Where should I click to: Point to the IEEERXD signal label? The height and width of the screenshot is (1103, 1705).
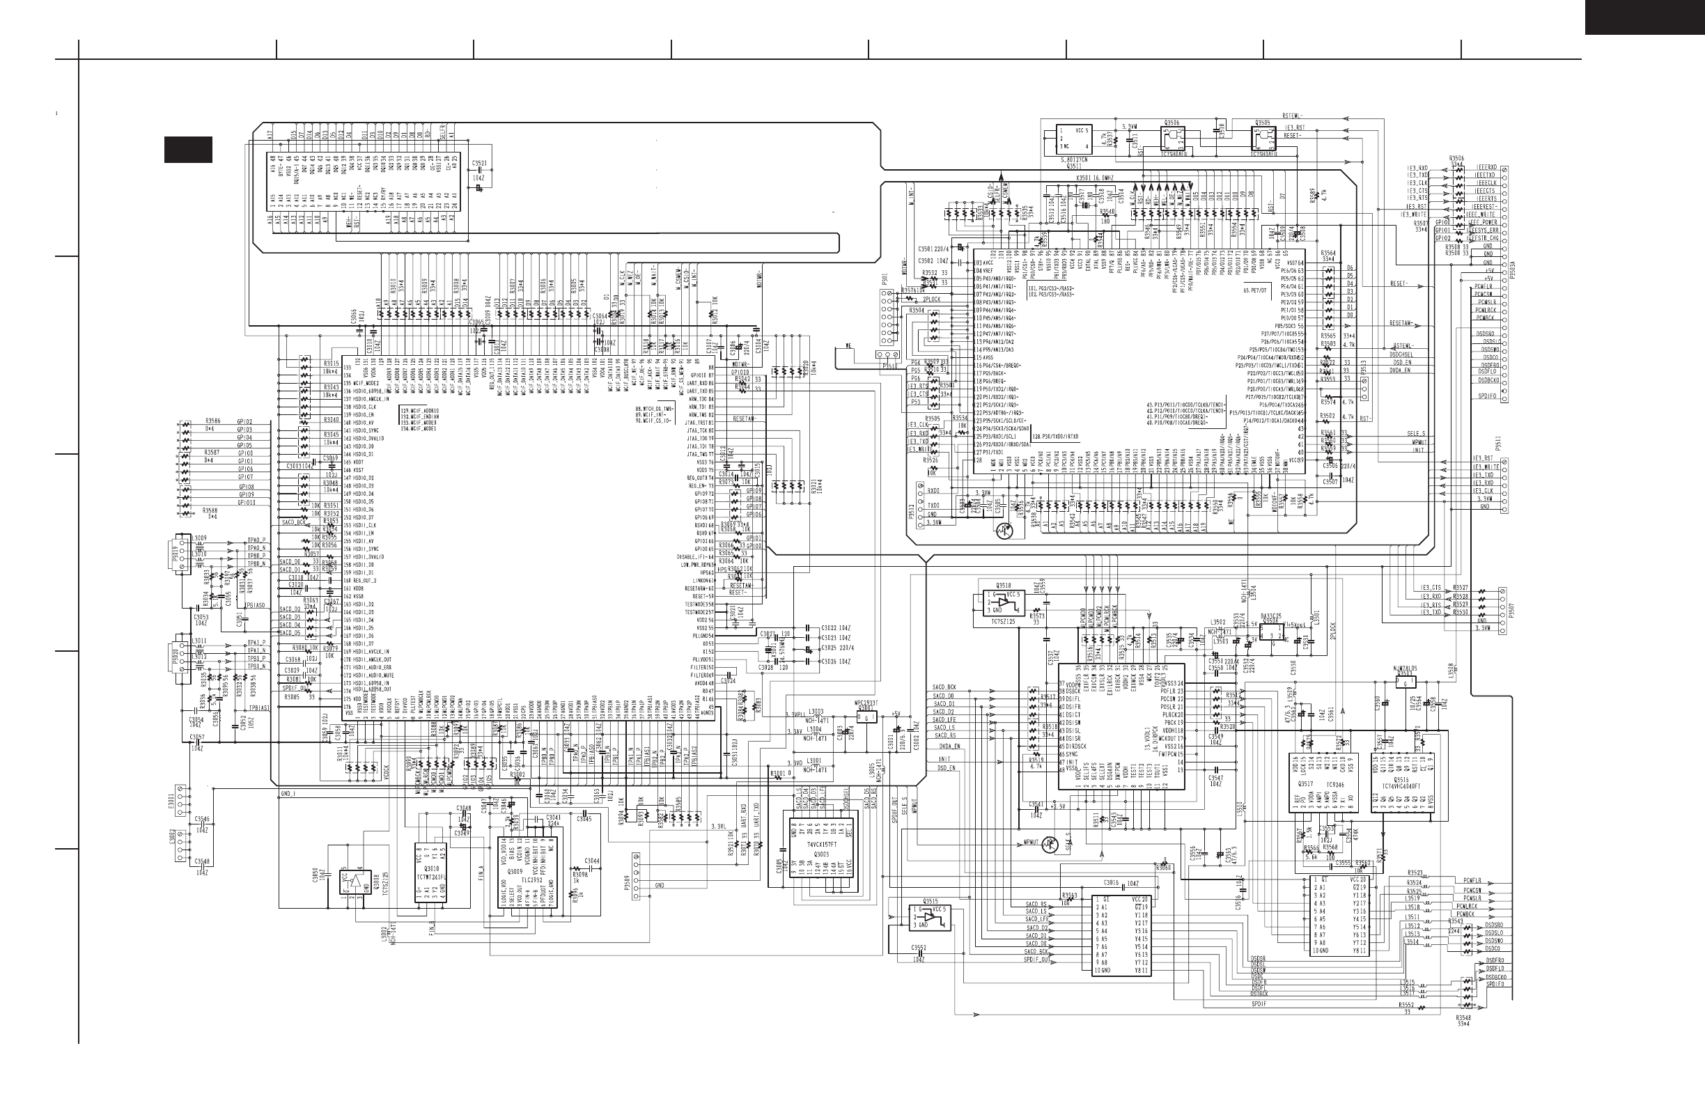(x=1485, y=168)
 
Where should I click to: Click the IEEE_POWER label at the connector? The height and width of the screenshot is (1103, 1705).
(x=1483, y=223)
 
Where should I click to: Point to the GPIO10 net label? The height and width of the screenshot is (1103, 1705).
(x=247, y=503)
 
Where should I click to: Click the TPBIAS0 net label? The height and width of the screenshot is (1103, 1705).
(x=256, y=605)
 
